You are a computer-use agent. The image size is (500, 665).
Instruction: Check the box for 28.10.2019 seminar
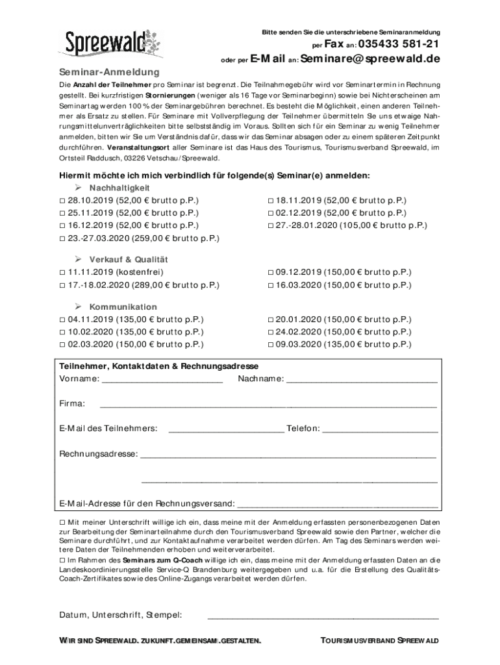click(62, 201)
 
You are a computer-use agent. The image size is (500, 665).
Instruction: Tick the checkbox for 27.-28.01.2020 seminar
click(271, 225)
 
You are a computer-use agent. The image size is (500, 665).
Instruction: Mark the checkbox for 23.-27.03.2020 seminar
click(62, 238)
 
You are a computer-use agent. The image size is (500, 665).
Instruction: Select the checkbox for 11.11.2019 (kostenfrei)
click(62, 273)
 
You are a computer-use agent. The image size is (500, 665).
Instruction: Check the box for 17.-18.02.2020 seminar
click(62, 285)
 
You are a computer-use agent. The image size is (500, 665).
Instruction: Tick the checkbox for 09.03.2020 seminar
click(271, 344)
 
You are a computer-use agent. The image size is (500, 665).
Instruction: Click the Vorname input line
click(162, 381)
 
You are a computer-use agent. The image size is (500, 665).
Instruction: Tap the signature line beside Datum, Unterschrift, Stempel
click(323, 616)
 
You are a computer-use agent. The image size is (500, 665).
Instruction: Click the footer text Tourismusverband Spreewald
click(380, 641)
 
